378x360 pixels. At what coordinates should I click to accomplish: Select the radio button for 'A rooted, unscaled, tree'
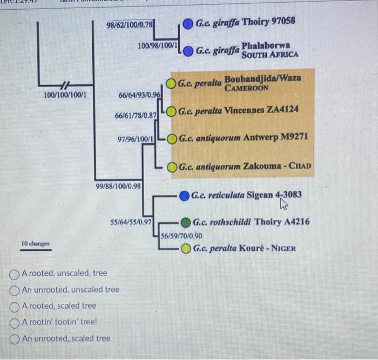pyautogui.click(x=15, y=274)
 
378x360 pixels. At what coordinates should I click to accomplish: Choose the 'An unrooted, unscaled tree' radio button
pyautogui.click(x=15, y=290)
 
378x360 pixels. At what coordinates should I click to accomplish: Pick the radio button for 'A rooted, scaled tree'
pyautogui.click(x=15, y=306)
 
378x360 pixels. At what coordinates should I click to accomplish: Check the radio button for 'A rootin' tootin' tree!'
pyautogui.click(x=15, y=322)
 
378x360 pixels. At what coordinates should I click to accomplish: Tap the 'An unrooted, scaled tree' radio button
pyautogui.click(x=15, y=339)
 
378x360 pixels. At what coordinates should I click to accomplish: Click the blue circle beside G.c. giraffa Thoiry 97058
pyautogui.click(x=188, y=23)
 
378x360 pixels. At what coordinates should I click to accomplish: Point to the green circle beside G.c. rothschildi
pyautogui.click(x=186, y=222)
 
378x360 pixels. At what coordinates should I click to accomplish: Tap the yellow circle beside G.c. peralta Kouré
pyautogui.click(x=186, y=249)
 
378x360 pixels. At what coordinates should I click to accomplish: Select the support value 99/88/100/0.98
pyautogui.click(x=119, y=186)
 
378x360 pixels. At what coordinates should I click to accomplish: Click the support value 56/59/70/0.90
pyautogui.click(x=182, y=236)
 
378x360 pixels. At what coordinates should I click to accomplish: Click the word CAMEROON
pyautogui.click(x=246, y=88)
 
